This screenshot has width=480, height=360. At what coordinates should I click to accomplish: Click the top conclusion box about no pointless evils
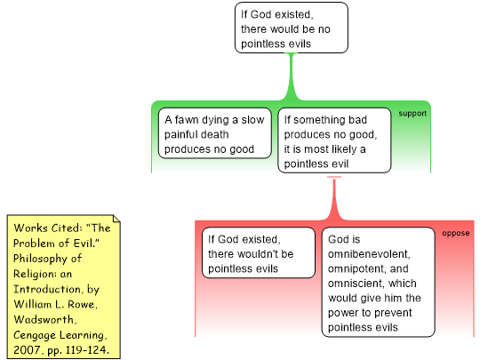(x=292, y=28)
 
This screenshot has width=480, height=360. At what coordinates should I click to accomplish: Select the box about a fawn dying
(x=214, y=133)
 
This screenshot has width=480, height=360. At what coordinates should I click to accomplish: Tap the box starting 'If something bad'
(x=334, y=140)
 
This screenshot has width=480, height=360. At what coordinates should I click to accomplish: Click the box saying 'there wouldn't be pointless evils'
(x=259, y=252)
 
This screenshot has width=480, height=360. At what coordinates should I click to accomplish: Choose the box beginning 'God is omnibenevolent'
(x=378, y=283)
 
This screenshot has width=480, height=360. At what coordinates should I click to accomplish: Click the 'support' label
(x=412, y=114)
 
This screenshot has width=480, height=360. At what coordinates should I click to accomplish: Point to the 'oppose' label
(x=456, y=233)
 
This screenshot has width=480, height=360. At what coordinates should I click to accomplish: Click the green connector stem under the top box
(x=292, y=76)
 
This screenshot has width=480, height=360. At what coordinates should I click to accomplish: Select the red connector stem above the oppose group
(x=334, y=199)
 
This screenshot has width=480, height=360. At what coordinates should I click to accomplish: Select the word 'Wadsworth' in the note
(x=45, y=320)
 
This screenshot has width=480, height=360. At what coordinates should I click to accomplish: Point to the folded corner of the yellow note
(x=116, y=219)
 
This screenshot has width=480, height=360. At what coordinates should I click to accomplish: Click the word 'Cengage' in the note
(x=35, y=335)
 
